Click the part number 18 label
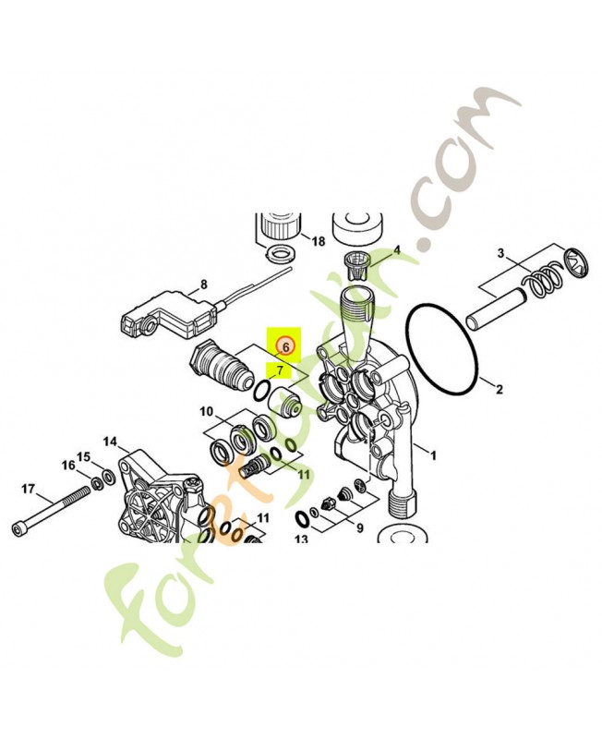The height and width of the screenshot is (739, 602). click(319, 242)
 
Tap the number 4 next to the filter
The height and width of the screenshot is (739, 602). click(397, 250)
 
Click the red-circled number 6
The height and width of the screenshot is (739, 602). click(285, 347)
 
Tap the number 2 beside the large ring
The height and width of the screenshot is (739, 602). click(500, 389)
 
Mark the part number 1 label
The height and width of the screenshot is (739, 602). click(434, 454)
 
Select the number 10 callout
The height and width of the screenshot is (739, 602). click(206, 411)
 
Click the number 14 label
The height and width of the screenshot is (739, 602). click(111, 442)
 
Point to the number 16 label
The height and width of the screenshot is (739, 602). click(68, 465)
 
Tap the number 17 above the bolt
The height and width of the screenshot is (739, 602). click(28, 488)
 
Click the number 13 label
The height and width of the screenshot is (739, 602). click(301, 539)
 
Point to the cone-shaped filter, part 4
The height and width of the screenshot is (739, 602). click(355, 265)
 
